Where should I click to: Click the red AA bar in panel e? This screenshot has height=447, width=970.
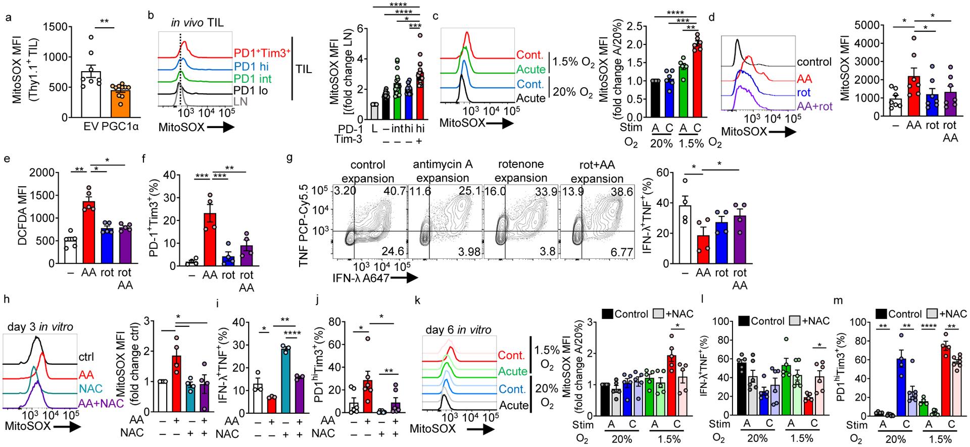[x=89, y=232]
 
